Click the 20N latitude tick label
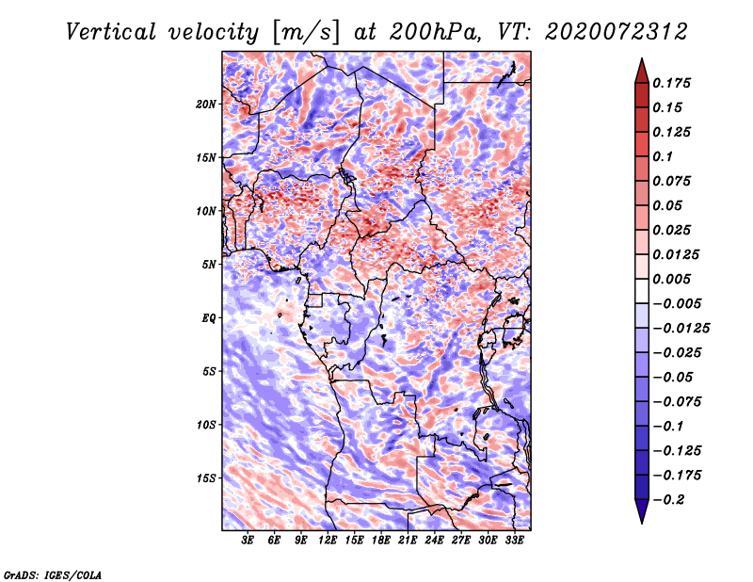[x=206, y=105]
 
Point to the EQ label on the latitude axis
[x=208, y=318]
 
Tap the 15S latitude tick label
[x=206, y=478]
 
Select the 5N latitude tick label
[x=209, y=265]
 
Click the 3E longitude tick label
[x=248, y=541]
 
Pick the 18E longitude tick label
[x=381, y=541]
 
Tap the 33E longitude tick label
[x=514, y=541]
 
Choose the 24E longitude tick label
[x=434, y=541]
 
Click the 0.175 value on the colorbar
[x=671, y=83]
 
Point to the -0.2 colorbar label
[x=668, y=500]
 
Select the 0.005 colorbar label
[x=671, y=279]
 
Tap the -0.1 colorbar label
[x=668, y=427]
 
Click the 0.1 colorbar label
[x=663, y=156]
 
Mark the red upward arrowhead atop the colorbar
[x=642, y=72]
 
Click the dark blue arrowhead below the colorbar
[x=642, y=511]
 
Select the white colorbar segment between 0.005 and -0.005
[x=642, y=291]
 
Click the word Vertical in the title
[x=111, y=32]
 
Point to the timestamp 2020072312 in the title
[x=617, y=32]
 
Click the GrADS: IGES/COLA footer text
[x=53, y=574]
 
